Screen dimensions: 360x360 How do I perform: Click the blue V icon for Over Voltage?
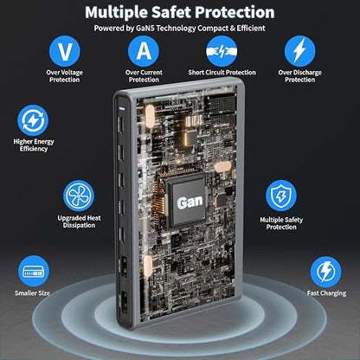point(64,51)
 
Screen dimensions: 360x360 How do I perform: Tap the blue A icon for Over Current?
point(144,51)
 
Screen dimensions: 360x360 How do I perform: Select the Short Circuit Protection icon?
point(222,51)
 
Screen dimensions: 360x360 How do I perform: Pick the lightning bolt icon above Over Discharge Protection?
point(300,51)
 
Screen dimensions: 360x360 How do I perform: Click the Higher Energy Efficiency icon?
point(33,120)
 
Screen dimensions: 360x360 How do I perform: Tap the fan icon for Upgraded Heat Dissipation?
point(79,196)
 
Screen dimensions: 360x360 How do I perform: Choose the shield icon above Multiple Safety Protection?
point(281,196)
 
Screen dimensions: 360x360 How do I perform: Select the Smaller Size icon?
point(34,271)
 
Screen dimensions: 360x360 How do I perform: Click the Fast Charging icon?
point(326,272)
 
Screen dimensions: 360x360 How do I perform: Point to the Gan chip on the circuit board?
point(187,200)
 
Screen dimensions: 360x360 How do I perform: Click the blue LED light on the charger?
point(121,109)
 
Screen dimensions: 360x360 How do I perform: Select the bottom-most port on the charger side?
point(124,302)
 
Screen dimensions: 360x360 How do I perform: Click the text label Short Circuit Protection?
point(222,73)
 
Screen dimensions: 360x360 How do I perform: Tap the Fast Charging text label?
point(326,293)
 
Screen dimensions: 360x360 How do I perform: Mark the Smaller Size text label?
point(32,293)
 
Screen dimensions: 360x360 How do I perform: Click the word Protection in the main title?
point(235,12)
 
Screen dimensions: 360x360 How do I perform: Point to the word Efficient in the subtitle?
point(251,29)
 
